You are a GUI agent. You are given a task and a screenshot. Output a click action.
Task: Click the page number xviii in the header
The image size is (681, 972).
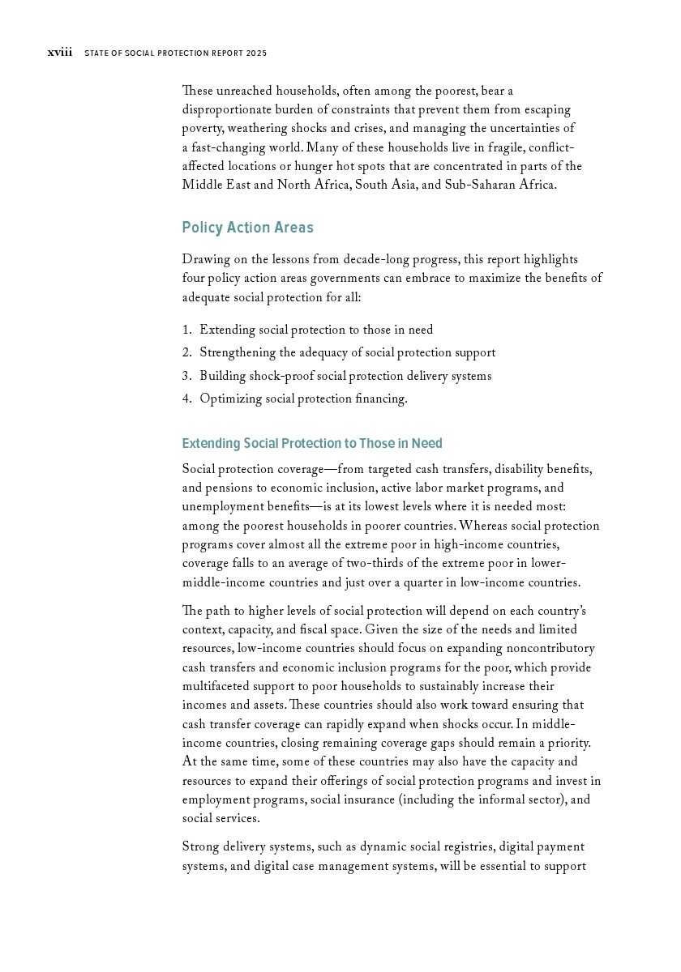(x=59, y=53)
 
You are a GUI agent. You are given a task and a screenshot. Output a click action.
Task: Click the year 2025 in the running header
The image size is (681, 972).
(x=255, y=53)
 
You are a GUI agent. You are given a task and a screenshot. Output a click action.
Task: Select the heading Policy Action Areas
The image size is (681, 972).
(x=247, y=228)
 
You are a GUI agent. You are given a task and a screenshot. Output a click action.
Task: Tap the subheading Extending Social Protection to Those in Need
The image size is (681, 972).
(x=312, y=443)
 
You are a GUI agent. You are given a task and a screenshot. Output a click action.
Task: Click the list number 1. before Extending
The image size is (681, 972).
(x=186, y=330)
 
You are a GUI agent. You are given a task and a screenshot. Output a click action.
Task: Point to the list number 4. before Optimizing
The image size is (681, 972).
(x=186, y=399)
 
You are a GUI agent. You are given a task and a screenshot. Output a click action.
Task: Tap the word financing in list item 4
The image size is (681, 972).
(x=380, y=399)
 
